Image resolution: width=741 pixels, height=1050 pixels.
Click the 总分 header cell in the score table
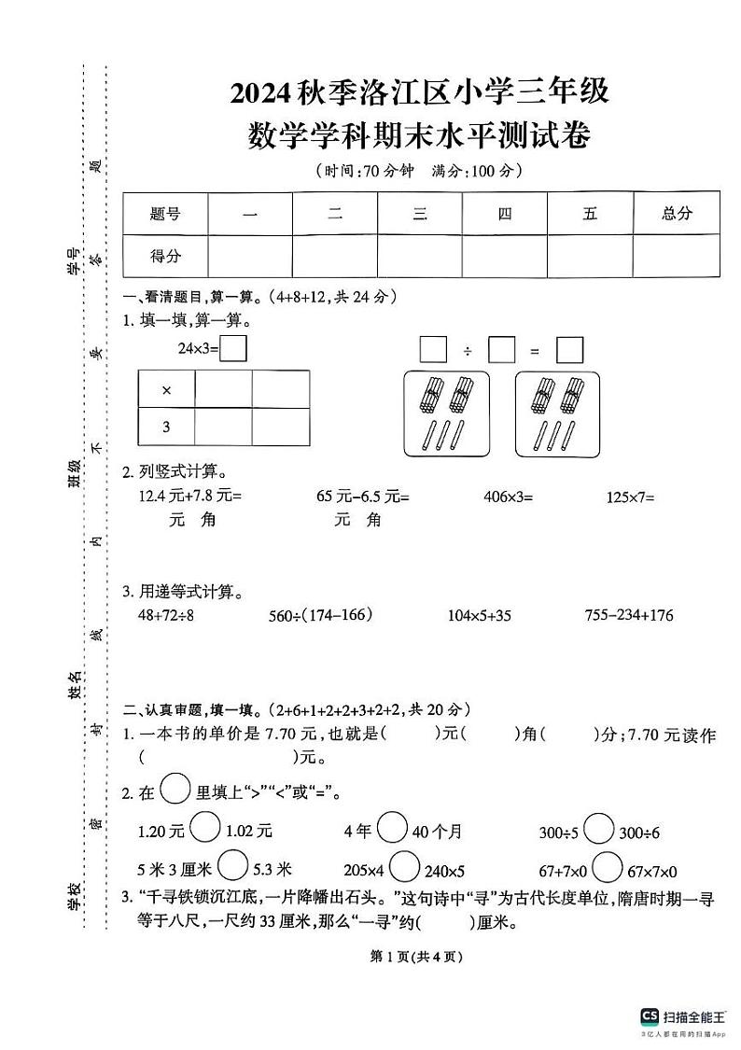[677, 214]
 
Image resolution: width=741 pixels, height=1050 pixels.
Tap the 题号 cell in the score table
[165, 214]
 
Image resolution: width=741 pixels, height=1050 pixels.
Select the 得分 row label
[165, 255]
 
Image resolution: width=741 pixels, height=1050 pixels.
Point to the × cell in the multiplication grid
[167, 389]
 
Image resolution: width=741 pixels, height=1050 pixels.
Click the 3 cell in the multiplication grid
[167, 427]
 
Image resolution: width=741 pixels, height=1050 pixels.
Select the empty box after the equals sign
[569, 351]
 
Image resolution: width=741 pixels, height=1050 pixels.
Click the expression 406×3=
[508, 497]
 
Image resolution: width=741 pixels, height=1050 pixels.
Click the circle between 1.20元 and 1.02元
[205, 826]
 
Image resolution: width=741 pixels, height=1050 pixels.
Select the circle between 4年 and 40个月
[392, 826]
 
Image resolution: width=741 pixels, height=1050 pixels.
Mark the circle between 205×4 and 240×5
[404, 867]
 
